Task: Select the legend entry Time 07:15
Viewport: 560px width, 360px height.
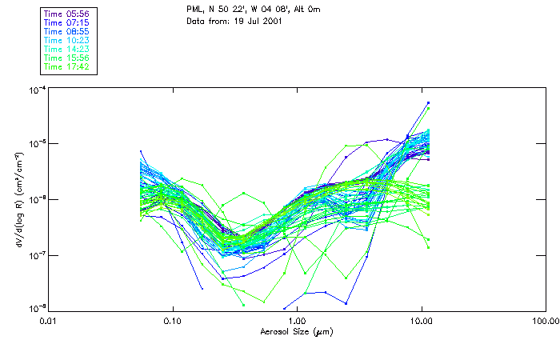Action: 67,23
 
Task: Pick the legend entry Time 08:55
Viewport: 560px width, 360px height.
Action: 67,32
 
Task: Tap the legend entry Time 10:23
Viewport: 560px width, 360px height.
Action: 67,41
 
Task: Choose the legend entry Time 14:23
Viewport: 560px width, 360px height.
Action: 67,50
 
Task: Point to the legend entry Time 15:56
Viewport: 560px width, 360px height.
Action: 67,58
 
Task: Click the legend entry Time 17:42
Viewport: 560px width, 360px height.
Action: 67,67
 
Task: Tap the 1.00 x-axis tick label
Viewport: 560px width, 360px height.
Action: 297,321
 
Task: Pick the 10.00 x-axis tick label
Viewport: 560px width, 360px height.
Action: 421,321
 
